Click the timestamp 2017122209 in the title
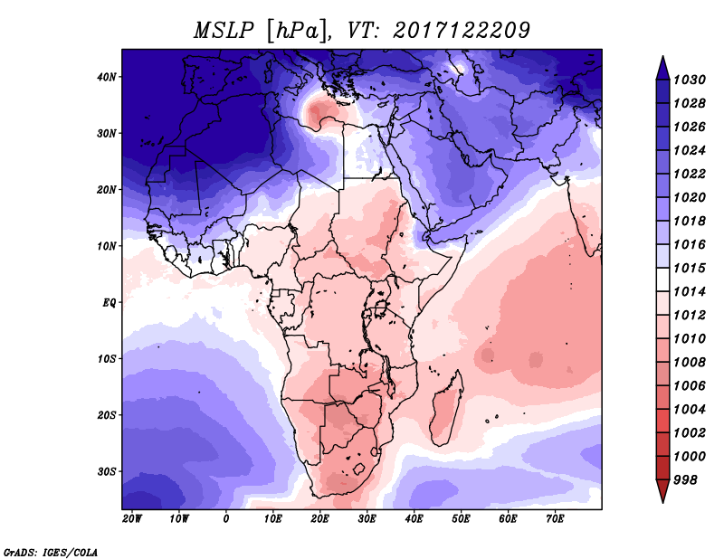pyautogui.click(x=461, y=30)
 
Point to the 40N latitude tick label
pyautogui.click(x=107, y=77)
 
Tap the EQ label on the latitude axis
pyautogui.click(x=110, y=302)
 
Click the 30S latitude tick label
pyautogui.click(x=107, y=471)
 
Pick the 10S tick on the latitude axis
pyautogui.click(x=107, y=359)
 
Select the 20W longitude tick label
pyautogui.click(x=132, y=518)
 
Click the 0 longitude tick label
pyautogui.click(x=226, y=518)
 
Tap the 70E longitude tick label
pyautogui.click(x=555, y=518)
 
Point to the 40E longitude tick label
pyautogui.click(x=414, y=518)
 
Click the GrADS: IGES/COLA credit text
pyautogui.click(x=51, y=551)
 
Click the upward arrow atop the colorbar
pyautogui.click(x=662, y=65)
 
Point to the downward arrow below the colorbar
pyautogui.click(x=662, y=492)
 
